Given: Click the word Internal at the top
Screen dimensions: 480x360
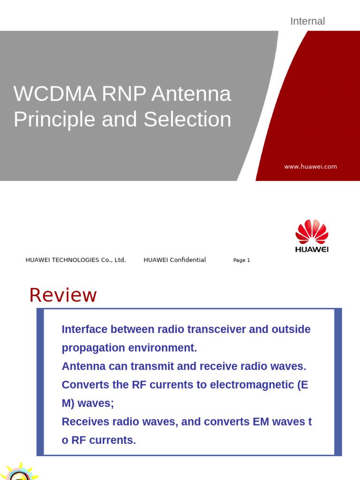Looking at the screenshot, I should (x=307, y=21).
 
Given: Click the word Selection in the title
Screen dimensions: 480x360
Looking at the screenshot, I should (x=187, y=119).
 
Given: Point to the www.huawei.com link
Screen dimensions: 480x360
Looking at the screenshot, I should (x=310, y=166).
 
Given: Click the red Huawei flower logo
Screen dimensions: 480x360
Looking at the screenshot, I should (x=312, y=232).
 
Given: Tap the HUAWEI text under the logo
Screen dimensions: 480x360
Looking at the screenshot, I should (x=312, y=249).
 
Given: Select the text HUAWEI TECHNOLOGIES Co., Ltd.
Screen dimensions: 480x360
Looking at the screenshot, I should (x=75, y=260).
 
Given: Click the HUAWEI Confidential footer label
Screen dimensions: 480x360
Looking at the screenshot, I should (x=174, y=260).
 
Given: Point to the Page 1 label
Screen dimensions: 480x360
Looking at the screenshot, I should (x=241, y=260).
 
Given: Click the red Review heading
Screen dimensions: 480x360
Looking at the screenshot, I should (x=63, y=295).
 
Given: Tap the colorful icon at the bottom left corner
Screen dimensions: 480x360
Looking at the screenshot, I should (x=19, y=472).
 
